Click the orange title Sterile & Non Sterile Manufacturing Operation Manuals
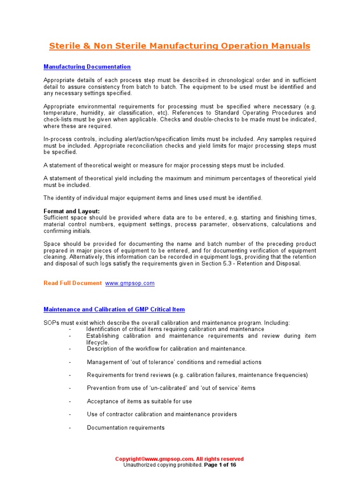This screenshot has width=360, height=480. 180,46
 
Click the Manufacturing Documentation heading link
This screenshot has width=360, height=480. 87,67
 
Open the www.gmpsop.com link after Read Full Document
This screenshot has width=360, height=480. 129,283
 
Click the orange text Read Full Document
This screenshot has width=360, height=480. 72,283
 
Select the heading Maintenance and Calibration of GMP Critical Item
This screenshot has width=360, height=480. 114,309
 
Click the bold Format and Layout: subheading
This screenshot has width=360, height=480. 71,211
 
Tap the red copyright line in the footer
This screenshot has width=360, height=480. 180,459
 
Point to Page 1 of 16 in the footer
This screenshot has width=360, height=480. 220,465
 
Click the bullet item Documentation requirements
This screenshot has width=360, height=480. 126,427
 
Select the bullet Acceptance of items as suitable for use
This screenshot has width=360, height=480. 139,401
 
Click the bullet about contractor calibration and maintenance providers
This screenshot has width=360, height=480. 162,414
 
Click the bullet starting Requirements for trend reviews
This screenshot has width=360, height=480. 197,375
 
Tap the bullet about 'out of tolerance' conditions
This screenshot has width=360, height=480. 174,362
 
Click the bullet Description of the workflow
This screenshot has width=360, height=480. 166,349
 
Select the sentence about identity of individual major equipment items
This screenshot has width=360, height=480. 153,198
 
